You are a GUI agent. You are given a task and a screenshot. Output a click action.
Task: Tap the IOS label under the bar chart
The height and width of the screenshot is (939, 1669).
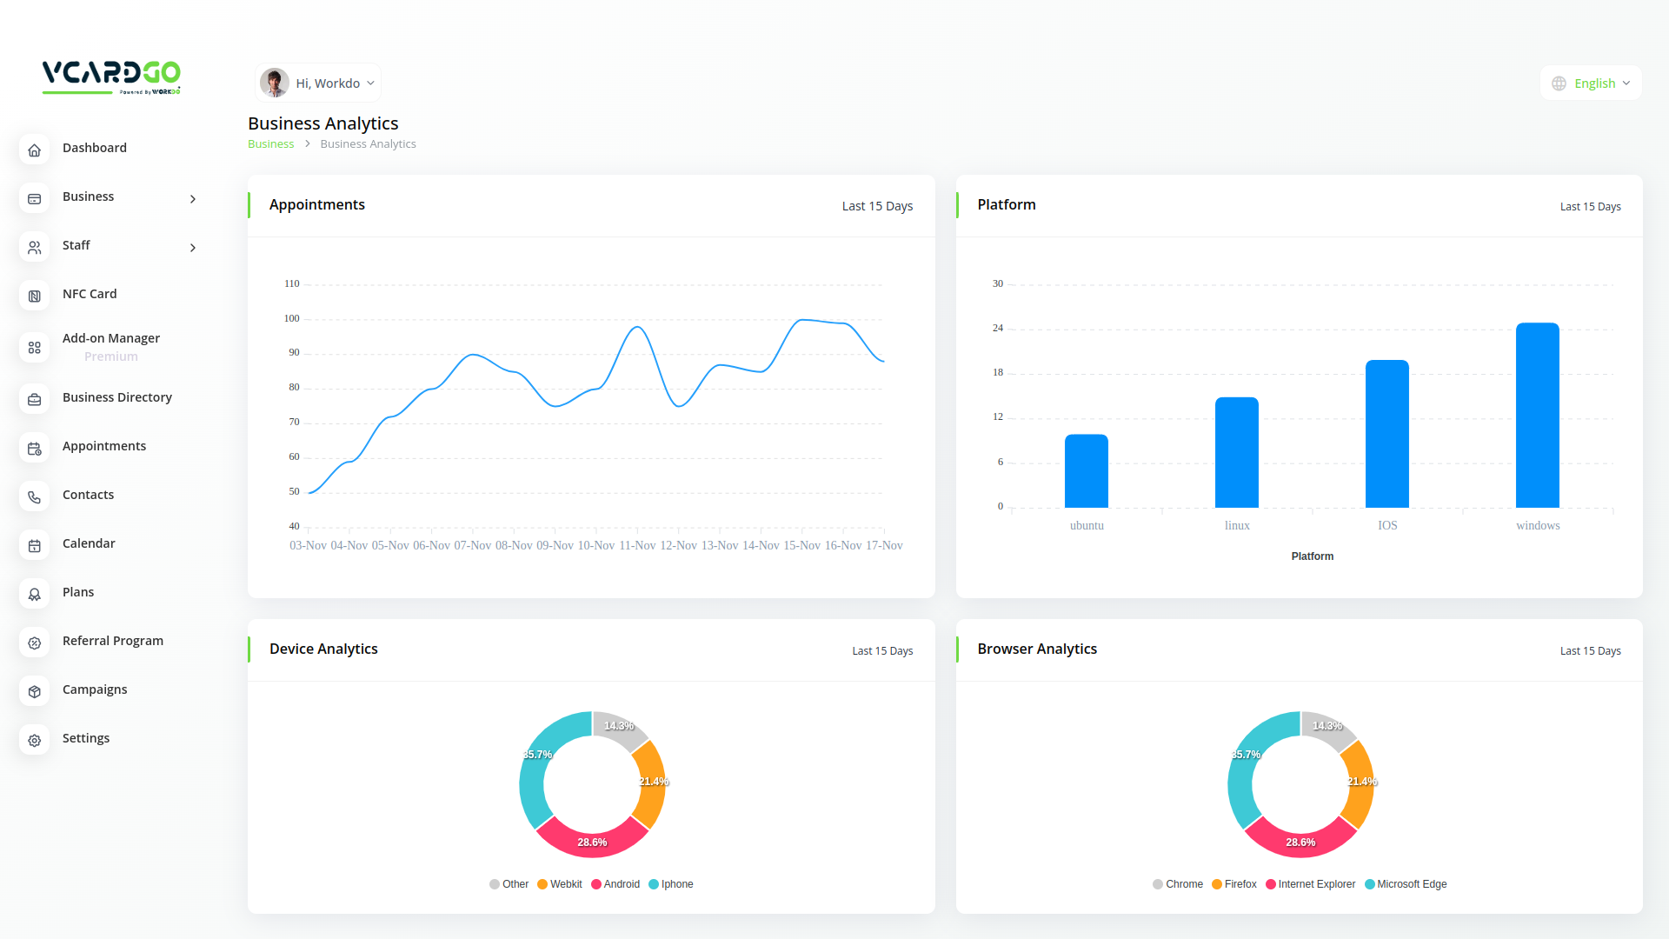(x=1387, y=525)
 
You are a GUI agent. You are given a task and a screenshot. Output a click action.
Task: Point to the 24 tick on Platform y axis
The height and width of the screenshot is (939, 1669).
(x=998, y=328)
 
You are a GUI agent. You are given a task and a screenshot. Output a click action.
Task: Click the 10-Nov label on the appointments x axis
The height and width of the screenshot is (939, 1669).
(x=596, y=545)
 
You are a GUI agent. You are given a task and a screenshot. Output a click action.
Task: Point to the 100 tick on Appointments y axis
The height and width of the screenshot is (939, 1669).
(x=291, y=318)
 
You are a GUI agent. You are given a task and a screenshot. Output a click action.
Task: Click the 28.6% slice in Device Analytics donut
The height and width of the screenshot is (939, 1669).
(x=592, y=840)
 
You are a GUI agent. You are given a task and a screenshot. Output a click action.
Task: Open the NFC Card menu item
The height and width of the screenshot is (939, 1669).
(x=90, y=294)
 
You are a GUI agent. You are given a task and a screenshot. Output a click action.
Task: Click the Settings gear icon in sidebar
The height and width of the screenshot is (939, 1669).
(x=35, y=740)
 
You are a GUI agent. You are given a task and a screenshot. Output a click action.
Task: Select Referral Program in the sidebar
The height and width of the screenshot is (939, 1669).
(x=113, y=641)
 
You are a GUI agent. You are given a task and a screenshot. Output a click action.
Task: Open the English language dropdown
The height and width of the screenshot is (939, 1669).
(x=1591, y=83)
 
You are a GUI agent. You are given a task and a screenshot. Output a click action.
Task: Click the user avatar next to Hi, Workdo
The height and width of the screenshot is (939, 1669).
(x=275, y=83)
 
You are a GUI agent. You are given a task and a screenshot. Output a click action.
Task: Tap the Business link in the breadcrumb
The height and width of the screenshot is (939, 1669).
(x=270, y=144)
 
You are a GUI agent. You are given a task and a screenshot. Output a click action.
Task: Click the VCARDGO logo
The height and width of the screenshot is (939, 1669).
(x=111, y=77)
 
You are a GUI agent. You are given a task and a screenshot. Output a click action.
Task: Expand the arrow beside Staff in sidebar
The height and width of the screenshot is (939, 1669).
(x=193, y=248)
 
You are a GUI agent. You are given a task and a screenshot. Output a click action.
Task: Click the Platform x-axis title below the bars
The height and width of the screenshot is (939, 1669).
(x=1312, y=556)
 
